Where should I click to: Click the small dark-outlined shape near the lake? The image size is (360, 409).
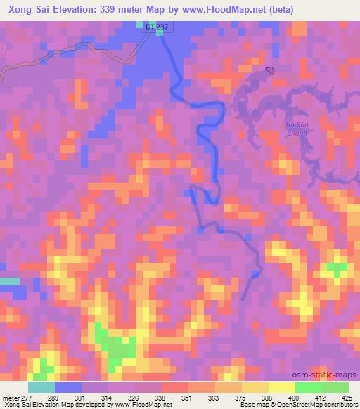271,70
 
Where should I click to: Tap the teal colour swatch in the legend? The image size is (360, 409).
41,387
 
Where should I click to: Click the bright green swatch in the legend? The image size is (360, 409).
308,387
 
